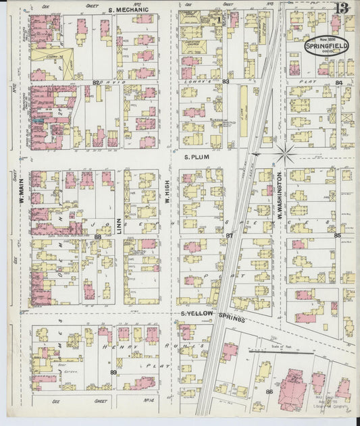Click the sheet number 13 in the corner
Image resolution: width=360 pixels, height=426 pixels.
(x=342, y=9)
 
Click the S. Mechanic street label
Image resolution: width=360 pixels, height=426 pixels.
(x=128, y=10)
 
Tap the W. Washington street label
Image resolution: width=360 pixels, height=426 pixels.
(x=278, y=196)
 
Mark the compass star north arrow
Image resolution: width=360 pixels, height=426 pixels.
(x=286, y=153)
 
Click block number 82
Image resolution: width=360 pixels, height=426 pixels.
(x=96, y=82)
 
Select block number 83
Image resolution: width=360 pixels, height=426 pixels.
(x=226, y=82)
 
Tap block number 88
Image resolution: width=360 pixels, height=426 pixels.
(x=98, y=236)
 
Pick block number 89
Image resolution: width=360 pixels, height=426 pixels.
(x=113, y=371)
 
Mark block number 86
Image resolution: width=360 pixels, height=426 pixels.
(x=269, y=392)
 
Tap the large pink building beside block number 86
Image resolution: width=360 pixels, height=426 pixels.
(x=292, y=388)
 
